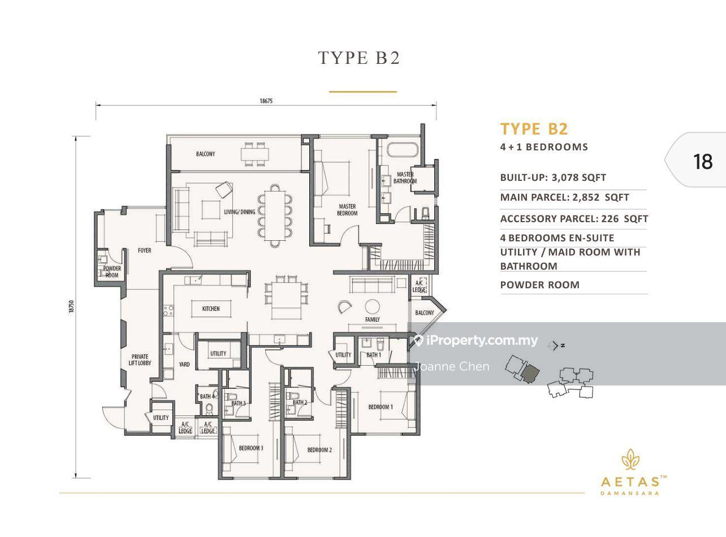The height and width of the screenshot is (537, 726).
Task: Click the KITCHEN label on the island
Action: click(211, 309)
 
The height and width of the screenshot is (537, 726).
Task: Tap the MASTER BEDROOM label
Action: click(347, 210)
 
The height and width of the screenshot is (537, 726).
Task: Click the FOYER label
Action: click(144, 250)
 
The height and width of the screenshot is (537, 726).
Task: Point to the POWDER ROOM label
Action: click(112, 271)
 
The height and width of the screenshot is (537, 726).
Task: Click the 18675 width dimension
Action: click(266, 101)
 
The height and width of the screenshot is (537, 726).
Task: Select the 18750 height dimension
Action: click(71, 307)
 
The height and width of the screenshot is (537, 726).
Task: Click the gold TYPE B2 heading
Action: click(534, 129)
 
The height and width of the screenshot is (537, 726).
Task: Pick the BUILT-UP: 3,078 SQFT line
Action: click(553, 177)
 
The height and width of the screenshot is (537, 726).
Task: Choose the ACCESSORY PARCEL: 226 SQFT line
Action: click(574, 219)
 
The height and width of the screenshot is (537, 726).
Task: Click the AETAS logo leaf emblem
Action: click(630, 460)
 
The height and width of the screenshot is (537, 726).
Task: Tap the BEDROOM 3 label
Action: click(250, 448)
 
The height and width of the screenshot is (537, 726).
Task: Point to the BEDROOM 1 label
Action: click(381, 407)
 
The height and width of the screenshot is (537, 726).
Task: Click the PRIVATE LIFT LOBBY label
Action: click(140, 360)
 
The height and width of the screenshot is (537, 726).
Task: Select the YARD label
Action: click(184, 364)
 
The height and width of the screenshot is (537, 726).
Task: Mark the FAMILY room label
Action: click(372, 319)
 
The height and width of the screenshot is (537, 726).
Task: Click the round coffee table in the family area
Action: click(372, 307)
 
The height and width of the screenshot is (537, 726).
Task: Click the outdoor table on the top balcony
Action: click(254, 154)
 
